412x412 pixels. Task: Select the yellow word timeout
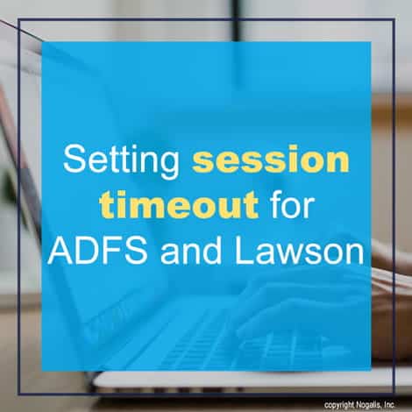pyautogui.click(x=179, y=202)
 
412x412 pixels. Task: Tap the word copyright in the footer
pyautogui.click(x=339, y=405)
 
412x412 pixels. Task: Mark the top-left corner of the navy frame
pyautogui.click(x=18, y=19)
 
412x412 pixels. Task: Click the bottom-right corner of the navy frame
pyautogui.click(x=394, y=394)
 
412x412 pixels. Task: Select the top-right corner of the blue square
pyautogui.click(x=371, y=42)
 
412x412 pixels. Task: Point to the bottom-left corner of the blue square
pyautogui.click(x=42, y=371)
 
